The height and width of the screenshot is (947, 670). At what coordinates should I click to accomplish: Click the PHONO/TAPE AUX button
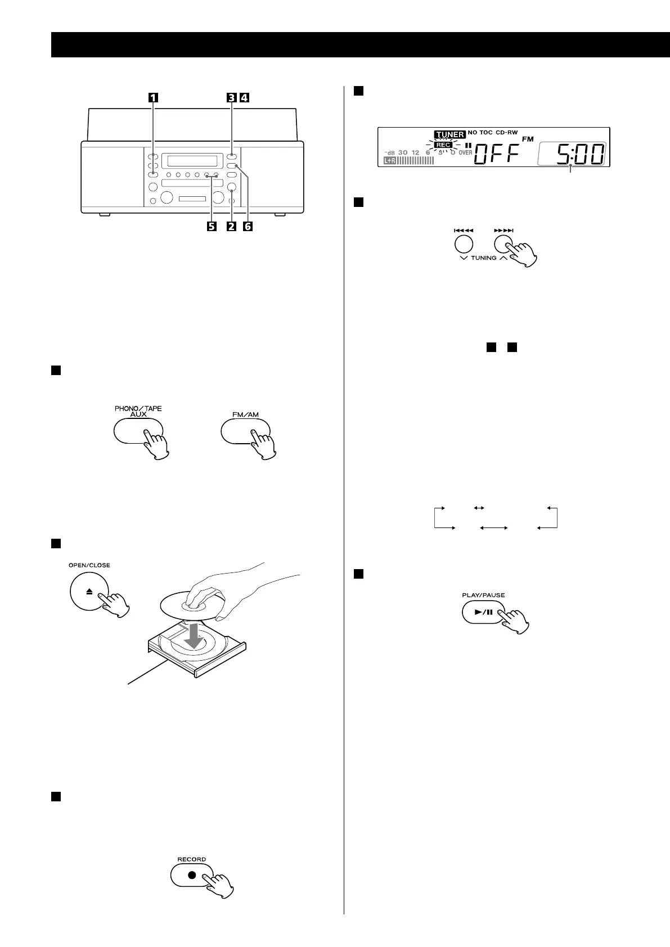click(x=138, y=431)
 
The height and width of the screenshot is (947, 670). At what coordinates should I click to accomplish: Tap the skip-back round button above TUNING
click(x=463, y=244)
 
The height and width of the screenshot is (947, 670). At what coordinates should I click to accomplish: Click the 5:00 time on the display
click(x=580, y=154)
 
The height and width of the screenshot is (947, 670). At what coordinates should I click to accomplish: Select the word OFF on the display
click(x=496, y=154)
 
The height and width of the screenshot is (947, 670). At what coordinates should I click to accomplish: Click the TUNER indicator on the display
click(x=449, y=134)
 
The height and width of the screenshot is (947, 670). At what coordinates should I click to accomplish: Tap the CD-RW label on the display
click(x=506, y=133)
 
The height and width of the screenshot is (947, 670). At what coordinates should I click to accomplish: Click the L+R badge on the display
click(x=389, y=161)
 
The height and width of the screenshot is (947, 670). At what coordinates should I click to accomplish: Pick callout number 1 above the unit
click(x=152, y=97)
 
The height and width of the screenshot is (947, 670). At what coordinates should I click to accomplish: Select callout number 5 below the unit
click(x=211, y=226)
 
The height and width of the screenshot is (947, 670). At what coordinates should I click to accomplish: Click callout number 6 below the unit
click(x=248, y=226)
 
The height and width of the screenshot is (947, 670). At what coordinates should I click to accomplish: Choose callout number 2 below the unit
click(x=230, y=226)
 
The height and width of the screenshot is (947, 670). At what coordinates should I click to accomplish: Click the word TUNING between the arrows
click(x=484, y=258)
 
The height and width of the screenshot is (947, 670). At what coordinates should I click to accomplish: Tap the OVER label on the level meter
click(x=465, y=152)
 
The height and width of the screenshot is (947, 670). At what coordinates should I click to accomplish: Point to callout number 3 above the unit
click(x=231, y=97)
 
